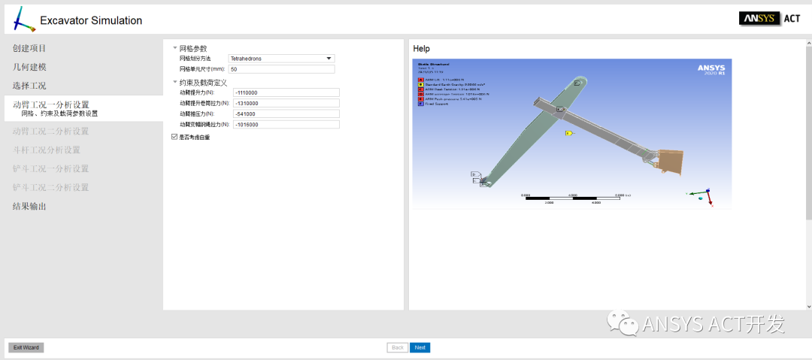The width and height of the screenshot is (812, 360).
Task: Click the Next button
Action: coord(420,347)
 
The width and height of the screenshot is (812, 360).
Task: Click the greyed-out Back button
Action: coord(398,347)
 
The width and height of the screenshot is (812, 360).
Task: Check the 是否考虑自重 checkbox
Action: coord(174,137)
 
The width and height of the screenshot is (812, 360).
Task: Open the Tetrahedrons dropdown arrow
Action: coord(329,58)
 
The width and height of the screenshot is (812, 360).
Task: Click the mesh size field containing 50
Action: coord(281,69)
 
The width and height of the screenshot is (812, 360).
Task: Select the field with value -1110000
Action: coord(286,92)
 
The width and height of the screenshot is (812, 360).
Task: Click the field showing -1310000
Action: coord(286,103)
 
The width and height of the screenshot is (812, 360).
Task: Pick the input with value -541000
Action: coord(286,113)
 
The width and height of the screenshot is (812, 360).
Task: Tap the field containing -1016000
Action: coord(286,124)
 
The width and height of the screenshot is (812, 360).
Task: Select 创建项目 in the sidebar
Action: coord(29,48)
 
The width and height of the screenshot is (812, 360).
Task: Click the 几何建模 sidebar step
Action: coord(29,67)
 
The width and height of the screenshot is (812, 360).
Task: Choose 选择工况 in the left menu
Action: coord(29,86)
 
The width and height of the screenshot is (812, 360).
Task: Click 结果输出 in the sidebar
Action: coord(29,206)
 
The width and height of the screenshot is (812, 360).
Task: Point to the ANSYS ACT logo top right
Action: coord(770,19)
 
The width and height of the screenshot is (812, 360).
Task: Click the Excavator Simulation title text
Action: coord(91,20)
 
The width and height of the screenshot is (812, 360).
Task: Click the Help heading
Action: coord(422,49)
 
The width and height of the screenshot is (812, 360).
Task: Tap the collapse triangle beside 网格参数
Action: coord(175,48)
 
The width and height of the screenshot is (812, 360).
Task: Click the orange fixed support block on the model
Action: coord(670,160)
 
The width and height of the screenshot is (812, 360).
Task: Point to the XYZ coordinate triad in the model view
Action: coord(704,195)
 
